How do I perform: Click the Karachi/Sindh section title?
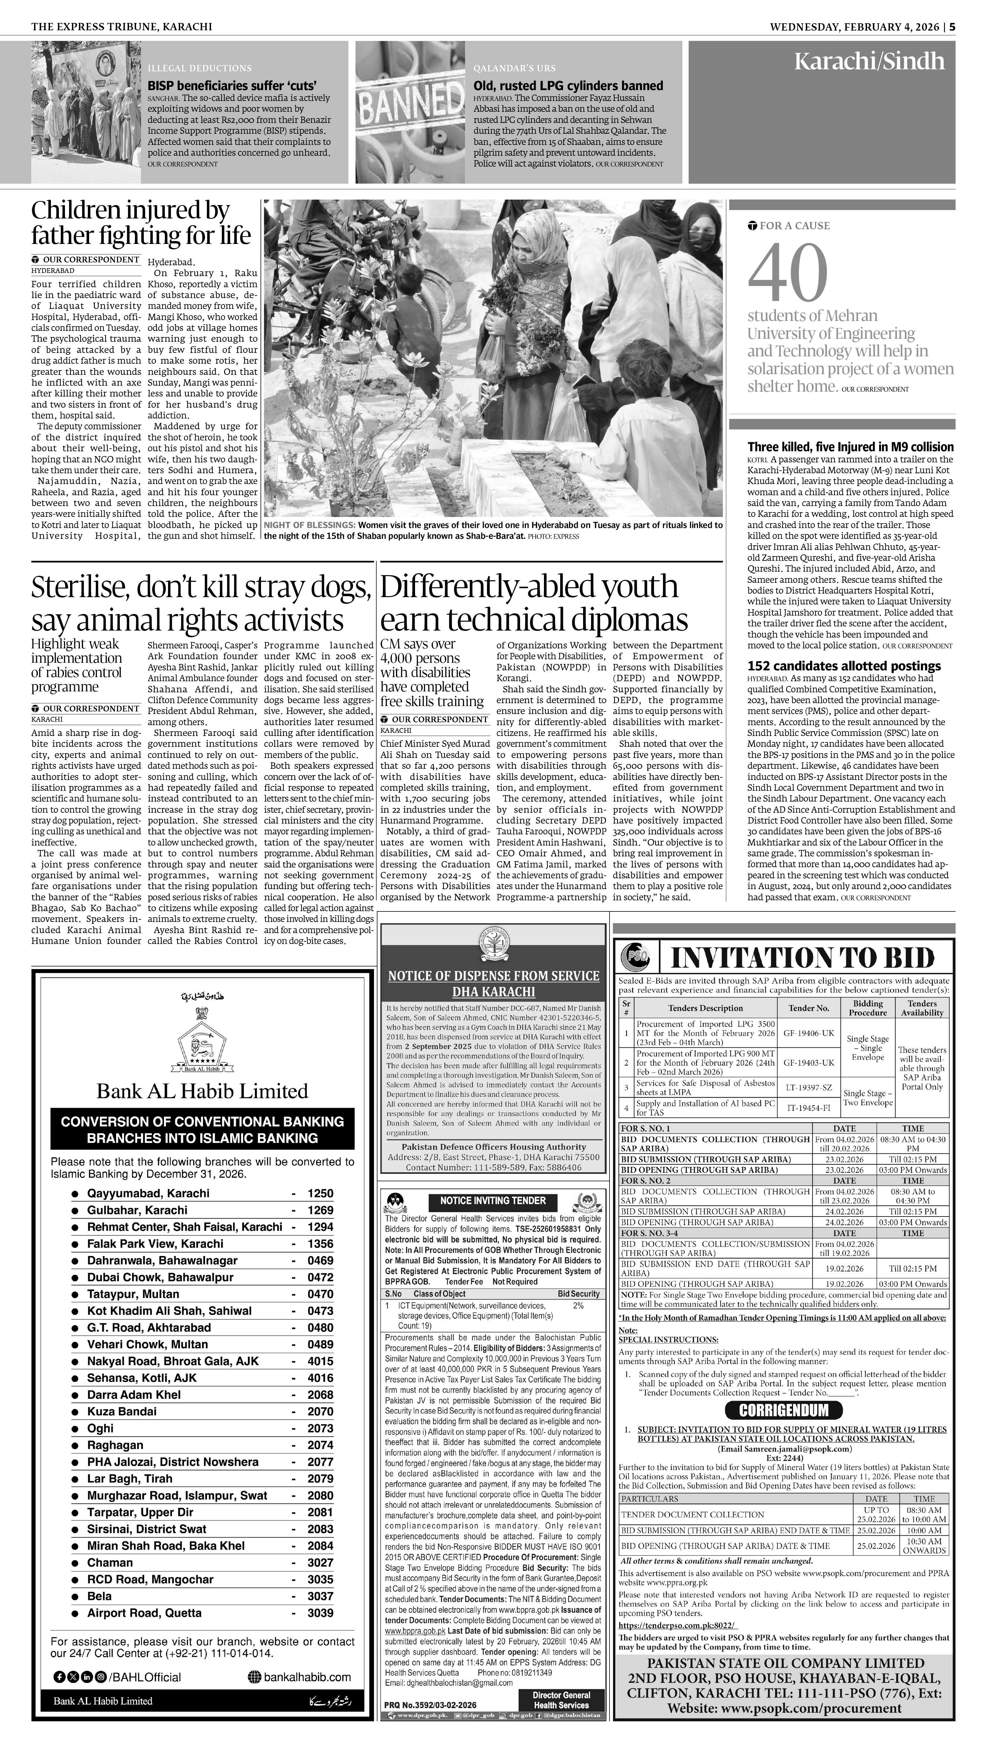869,62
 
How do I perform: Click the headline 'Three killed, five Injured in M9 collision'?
850,447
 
